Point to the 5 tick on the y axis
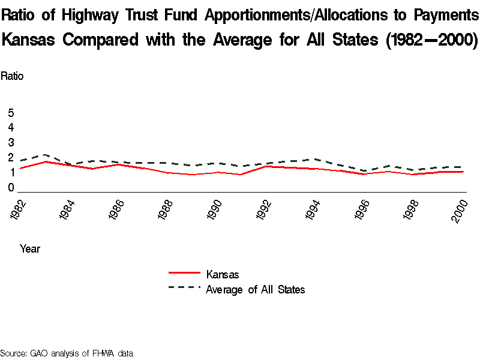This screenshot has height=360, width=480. tap(11, 113)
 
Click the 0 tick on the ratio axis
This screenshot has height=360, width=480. tap(11, 188)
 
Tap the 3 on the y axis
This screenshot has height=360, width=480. tap(11, 143)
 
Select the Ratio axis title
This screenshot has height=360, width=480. tap(12, 76)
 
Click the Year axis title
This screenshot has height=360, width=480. tap(30, 248)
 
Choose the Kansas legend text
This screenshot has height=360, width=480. tap(223, 275)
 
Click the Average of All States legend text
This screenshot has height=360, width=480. tap(256, 290)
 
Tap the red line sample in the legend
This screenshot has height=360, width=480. tap(184, 273)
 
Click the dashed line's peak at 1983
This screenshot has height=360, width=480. tap(46, 155)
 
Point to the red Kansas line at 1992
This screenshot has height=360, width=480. tap(265, 166)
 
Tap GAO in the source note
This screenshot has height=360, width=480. tap(40, 353)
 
